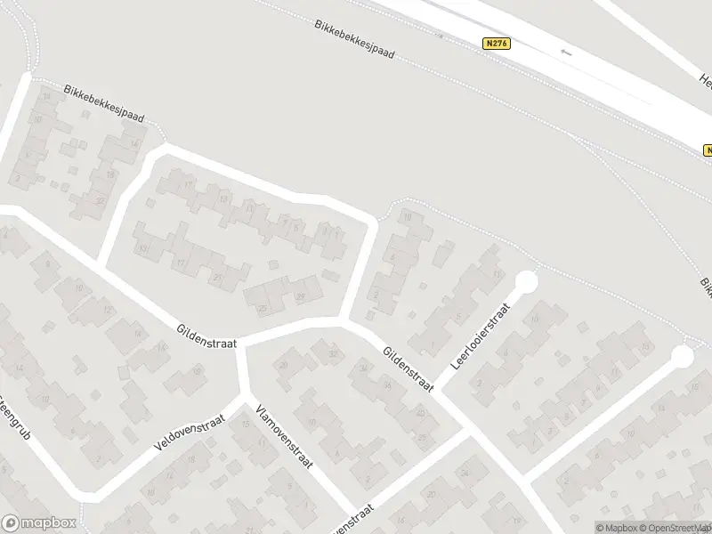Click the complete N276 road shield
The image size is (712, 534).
coord(496,43)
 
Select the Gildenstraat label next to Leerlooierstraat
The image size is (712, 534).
coord(409,367)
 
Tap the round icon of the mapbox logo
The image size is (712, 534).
coord(11,523)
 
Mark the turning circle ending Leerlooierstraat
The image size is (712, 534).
coord(527,282)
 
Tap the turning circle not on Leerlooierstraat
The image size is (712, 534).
coord(682,357)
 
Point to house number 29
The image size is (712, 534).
coord(299,296)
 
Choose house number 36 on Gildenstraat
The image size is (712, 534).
coord(387,384)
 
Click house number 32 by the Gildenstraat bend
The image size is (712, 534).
coord(334,354)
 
